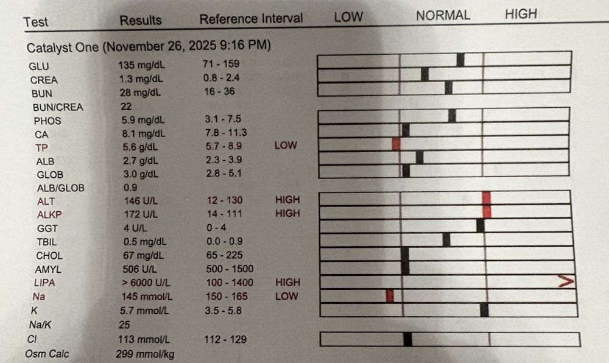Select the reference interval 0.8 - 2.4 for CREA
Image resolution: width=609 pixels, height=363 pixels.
click(x=220, y=78)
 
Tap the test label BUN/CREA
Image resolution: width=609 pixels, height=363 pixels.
click(x=58, y=107)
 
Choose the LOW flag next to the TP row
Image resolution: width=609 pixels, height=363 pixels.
click(x=286, y=146)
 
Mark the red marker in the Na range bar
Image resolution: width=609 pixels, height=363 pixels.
click(x=390, y=295)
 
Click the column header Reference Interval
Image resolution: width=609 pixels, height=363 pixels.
click(x=251, y=19)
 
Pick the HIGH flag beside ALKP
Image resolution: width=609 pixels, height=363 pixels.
click(x=287, y=213)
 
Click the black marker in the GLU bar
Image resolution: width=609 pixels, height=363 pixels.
click(x=460, y=60)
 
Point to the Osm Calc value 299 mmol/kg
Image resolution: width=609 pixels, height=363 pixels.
click(x=144, y=353)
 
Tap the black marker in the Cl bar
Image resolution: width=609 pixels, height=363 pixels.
click(x=407, y=339)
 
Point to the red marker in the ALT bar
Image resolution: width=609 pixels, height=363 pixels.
click(x=486, y=197)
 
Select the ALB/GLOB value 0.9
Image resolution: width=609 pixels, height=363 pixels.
click(x=129, y=187)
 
